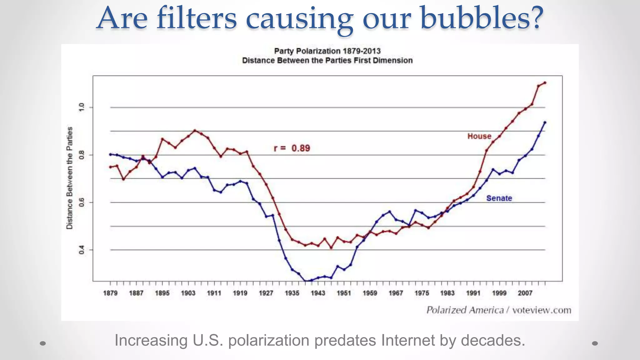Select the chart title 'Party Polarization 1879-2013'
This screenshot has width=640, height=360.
[x=327, y=51]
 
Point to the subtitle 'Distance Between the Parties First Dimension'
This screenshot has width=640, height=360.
[x=327, y=60]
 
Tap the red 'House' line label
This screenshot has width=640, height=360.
[x=479, y=136]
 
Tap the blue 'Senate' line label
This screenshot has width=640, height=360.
[x=499, y=198]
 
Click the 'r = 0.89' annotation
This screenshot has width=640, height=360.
[x=292, y=148]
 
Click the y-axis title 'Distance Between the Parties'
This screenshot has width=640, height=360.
[x=69, y=178]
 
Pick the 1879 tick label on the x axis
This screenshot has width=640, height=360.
[x=110, y=293]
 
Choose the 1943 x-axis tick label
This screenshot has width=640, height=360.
[x=318, y=293]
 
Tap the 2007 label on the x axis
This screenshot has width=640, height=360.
[x=525, y=293]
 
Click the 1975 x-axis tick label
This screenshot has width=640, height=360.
[x=422, y=293]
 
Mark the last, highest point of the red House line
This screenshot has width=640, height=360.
[x=545, y=83]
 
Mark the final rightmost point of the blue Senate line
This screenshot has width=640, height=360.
[x=545, y=122]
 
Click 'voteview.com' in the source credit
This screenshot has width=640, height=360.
[x=542, y=310]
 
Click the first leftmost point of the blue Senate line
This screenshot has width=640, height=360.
[x=110, y=154]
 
